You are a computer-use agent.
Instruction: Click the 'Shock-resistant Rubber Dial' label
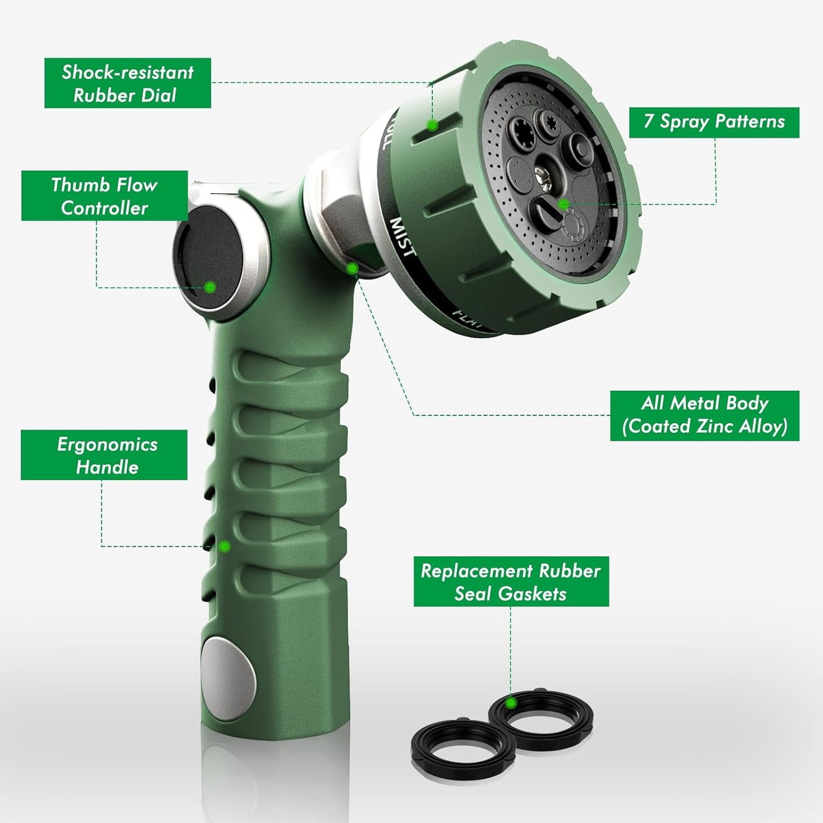[x=128, y=83]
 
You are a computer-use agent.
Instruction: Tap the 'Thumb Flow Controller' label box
[x=104, y=196]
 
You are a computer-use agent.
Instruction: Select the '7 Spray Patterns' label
[x=714, y=122]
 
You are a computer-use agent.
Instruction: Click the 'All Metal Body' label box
[x=705, y=415]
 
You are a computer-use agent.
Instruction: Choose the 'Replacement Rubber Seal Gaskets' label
[x=511, y=582]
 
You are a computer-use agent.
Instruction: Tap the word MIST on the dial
[x=403, y=237]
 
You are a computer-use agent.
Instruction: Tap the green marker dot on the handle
[x=224, y=547]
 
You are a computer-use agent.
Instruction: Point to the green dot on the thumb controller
[x=210, y=287]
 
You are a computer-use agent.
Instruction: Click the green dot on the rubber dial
[x=432, y=125]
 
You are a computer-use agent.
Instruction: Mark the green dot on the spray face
[x=563, y=204]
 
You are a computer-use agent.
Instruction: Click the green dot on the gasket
[x=511, y=703]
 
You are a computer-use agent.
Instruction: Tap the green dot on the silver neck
[x=353, y=268]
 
